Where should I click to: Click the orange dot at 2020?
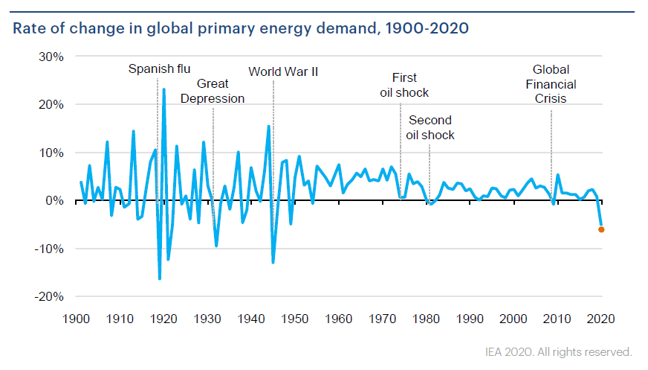pyautogui.click(x=601, y=229)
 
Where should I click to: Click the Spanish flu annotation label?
pyautogui.click(x=159, y=69)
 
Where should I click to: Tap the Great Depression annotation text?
pyautogui.click(x=213, y=92)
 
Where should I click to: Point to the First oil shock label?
pyautogui.click(x=404, y=85)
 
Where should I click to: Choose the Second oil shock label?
pyautogui.click(x=430, y=127)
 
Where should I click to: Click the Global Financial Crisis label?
pyautogui.click(x=551, y=84)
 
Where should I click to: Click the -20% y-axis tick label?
pyautogui.click(x=48, y=296)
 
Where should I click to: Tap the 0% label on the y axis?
pyautogui.click(x=54, y=200)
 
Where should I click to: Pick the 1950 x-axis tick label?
pyautogui.click(x=295, y=319)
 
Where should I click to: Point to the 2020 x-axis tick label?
pyautogui.click(x=601, y=319)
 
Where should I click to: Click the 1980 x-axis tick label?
pyautogui.click(x=427, y=319)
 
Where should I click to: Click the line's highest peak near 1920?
pyautogui.click(x=163, y=89)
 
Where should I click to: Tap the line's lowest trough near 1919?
pyautogui.click(x=159, y=278)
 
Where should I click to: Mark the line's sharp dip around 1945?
pyautogui.click(x=273, y=262)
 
